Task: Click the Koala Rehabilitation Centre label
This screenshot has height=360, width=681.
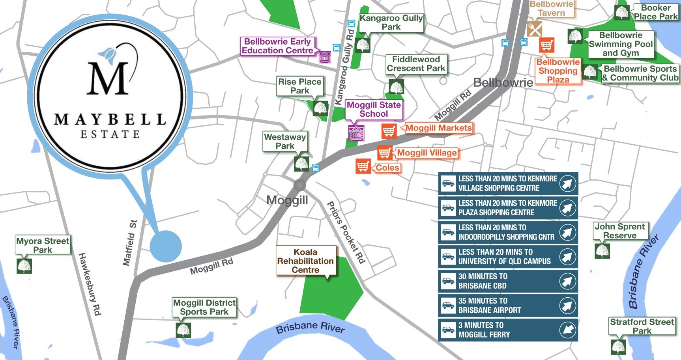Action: tap(305, 261)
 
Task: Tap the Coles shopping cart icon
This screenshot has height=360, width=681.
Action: tap(363, 166)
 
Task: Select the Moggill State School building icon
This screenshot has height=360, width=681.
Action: tap(356, 133)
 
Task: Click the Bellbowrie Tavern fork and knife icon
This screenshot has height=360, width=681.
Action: tap(534, 29)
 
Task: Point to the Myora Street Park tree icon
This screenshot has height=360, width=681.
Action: tap(24, 266)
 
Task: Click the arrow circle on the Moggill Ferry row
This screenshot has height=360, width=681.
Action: tap(567, 330)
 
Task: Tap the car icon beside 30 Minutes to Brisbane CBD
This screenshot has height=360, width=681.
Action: tap(448, 281)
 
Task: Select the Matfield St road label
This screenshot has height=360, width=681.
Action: tap(130, 242)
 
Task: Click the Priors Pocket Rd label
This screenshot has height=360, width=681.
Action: tap(346, 232)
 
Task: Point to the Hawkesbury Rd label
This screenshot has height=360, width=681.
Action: tap(90, 284)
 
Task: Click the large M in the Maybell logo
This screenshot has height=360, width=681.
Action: tap(108, 79)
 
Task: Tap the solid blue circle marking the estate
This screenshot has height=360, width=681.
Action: tap(166, 246)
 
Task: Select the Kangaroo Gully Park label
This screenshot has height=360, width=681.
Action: tap(391, 22)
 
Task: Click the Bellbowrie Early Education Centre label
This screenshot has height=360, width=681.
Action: tap(277, 46)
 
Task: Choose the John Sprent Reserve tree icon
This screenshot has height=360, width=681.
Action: tap(602, 251)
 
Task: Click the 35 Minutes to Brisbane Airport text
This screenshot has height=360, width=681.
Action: tap(489, 306)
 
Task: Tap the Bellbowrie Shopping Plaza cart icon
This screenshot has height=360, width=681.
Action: tap(546, 45)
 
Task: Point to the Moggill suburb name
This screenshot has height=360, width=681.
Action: tap(287, 200)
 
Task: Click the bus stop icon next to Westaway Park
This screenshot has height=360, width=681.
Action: tap(316, 168)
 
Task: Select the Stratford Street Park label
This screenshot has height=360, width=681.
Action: tap(642, 326)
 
